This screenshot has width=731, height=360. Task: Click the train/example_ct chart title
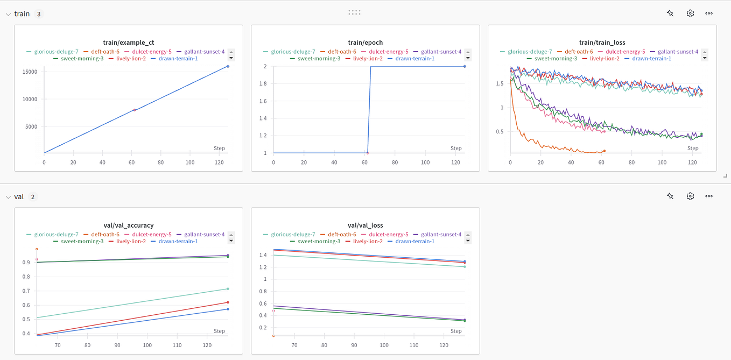click(128, 43)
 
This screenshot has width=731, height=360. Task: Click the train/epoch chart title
click(365, 43)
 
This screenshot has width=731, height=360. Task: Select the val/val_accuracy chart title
click(128, 225)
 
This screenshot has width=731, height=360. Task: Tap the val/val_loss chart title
click(365, 225)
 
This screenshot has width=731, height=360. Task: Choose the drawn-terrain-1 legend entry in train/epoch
click(414, 59)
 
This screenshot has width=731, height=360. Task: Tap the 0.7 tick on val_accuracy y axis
click(26, 291)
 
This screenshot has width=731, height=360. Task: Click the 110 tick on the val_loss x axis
click(413, 345)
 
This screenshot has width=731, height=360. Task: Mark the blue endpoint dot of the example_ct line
click(228, 66)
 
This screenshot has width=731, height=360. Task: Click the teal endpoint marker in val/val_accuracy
click(228, 289)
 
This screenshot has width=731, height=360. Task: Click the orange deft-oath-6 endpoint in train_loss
click(604, 151)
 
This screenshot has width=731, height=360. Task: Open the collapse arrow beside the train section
click(8, 14)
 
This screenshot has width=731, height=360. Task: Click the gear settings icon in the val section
click(690, 196)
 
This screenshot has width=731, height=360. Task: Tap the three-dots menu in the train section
click(709, 13)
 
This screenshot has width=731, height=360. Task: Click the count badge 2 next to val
click(32, 197)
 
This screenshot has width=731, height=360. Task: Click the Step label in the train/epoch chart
click(455, 149)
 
